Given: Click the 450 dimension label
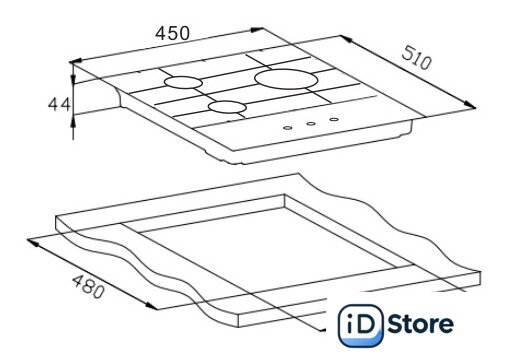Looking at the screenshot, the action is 172,33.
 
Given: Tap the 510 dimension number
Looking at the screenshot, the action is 416,58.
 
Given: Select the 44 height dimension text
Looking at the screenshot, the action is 59,104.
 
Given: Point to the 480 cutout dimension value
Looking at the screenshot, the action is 88,286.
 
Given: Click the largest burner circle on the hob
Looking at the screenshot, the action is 286,79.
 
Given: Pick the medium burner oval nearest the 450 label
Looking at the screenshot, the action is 183,82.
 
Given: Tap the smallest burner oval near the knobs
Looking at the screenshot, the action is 227,106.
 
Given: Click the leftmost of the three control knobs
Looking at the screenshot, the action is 288,128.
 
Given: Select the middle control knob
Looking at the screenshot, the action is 311,124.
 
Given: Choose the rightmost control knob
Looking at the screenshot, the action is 334,119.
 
